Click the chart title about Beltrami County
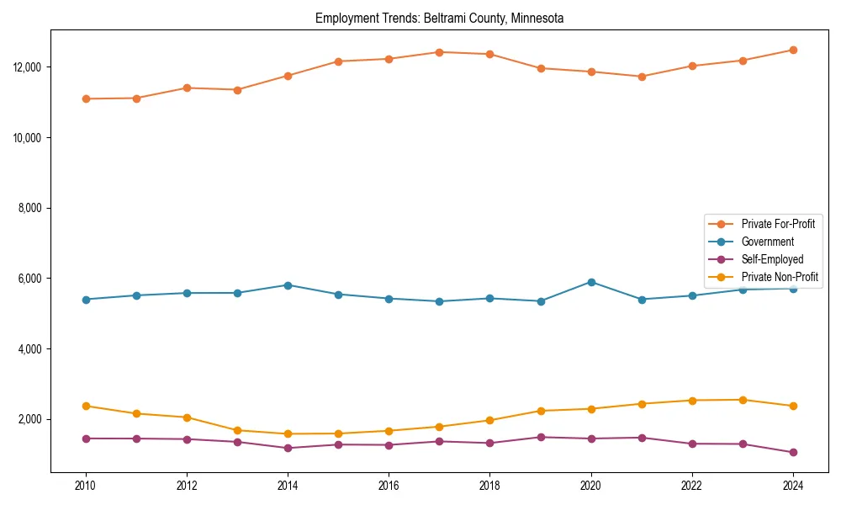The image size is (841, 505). pyautogui.click(x=439, y=18)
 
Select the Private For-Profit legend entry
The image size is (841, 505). pyautogui.click(x=777, y=224)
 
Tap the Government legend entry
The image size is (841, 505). pyautogui.click(x=767, y=242)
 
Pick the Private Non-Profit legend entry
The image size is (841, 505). pyautogui.click(x=780, y=277)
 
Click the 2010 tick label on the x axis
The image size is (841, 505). pyautogui.click(x=85, y=486)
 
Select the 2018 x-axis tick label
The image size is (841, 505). pyautogui.click(x=489, y=486)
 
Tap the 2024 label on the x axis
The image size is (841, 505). pyautogui.click(x=793, y=486)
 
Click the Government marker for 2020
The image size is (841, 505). pyautogui.click(x=591, y=282)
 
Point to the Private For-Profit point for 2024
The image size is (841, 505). pyautogui.click(x=793, y=50)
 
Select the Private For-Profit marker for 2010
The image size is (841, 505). pyautogui.click(x=85, y=98)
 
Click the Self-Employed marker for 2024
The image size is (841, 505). pyautogui.click(x=793, y=452)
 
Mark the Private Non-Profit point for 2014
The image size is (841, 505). pyautogui.click(x=288, y=433)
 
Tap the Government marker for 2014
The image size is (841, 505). pyautogui.click(x=288, y=285)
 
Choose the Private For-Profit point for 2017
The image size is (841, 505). pyautogui.click(x=439, y=52)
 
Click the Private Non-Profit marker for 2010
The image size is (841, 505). pyautogui.click(x=85, y=406)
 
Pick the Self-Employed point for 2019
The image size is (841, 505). pyautogui.click(x=540, y=437)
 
